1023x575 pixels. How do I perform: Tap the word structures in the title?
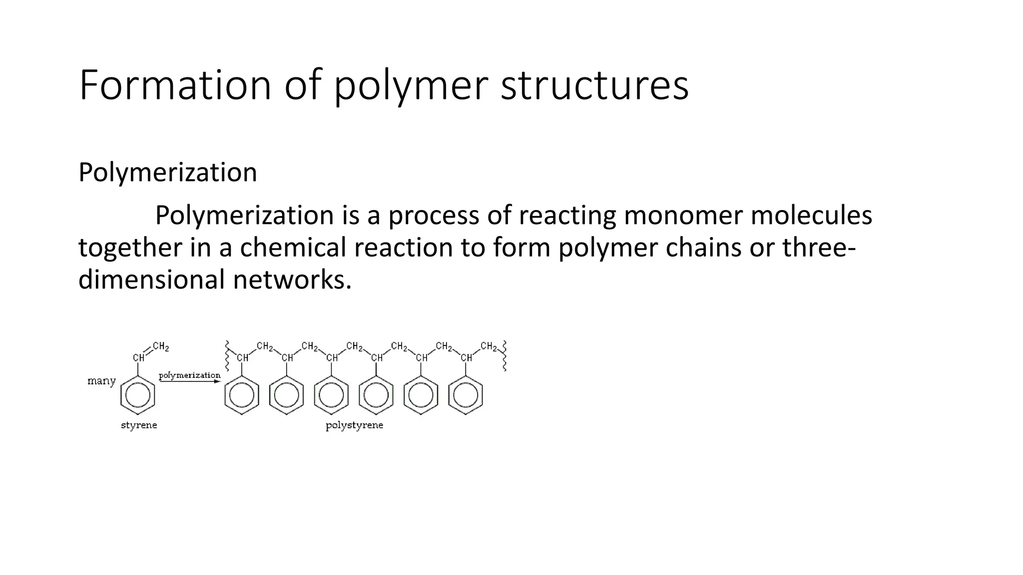[x=594, y=85]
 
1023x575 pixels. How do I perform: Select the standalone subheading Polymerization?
[x=168, y=173]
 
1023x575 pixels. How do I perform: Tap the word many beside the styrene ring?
[x=101, y=381]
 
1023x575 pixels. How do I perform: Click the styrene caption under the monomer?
[x=139, y=425]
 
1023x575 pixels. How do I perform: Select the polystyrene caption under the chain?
[x=354, y=425]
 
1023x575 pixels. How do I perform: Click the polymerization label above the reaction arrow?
[x=189, y=375]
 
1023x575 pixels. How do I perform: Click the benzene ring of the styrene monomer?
[x=137, y=395]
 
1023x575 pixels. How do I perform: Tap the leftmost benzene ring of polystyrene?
[x=242, y=395]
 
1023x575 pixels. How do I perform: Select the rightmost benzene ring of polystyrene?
[x=466, y=395]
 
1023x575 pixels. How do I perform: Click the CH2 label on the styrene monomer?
[x=161, y=346]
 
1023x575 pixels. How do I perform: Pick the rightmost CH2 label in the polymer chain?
[x=489, y=346]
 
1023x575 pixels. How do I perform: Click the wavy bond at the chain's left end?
[x=227, y=355]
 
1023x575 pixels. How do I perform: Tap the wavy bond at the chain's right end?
[x=505, y=355]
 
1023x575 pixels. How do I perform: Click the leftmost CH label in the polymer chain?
[x=243, y=358]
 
